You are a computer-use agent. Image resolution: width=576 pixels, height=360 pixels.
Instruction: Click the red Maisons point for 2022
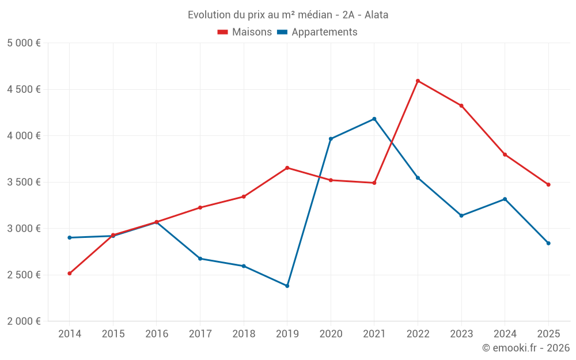[x=418, y=81]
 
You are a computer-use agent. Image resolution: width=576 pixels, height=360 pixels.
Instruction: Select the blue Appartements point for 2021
[x=374, y=119]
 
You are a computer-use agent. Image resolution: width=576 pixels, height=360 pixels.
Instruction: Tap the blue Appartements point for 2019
[x=287, y=286]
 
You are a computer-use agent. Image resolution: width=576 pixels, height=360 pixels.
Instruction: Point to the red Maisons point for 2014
[x=69, y=273]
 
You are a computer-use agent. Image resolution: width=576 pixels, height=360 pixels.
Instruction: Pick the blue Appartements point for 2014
[x=69, y=237]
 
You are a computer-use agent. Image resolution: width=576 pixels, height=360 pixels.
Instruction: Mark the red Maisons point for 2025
[x=548, y=184]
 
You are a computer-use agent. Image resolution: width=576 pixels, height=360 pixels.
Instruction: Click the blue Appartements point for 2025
[x=548, y=243]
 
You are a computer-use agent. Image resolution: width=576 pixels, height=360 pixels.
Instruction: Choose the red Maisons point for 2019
[x=287, y=168]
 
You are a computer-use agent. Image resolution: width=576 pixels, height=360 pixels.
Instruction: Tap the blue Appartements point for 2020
[x=331, y=139]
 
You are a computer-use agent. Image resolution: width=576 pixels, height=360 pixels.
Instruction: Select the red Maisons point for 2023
[x=461, y=105]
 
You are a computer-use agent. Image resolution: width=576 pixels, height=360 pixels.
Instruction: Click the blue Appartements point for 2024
[x=505, y=199]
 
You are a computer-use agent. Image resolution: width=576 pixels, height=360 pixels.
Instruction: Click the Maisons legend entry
[x=245, y=32]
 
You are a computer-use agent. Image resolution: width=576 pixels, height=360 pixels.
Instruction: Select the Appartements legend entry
[x=317, y=32]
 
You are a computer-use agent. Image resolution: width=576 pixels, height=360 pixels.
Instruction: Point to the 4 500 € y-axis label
[x=24, y=89]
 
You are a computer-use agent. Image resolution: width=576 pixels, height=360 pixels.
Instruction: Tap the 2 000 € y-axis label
[x=24, y=321]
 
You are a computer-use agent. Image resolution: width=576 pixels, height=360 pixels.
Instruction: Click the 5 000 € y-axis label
[x=24, y=43]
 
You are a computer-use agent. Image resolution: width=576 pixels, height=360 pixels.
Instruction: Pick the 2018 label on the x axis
[x=244, y=334]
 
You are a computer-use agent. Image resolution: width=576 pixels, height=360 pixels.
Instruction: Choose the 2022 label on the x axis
[x=418, y=334]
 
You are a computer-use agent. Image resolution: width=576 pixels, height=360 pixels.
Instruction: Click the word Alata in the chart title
[x=376, y=14]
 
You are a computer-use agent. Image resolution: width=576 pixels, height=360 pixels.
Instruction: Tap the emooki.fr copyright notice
[x=526, y=348]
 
